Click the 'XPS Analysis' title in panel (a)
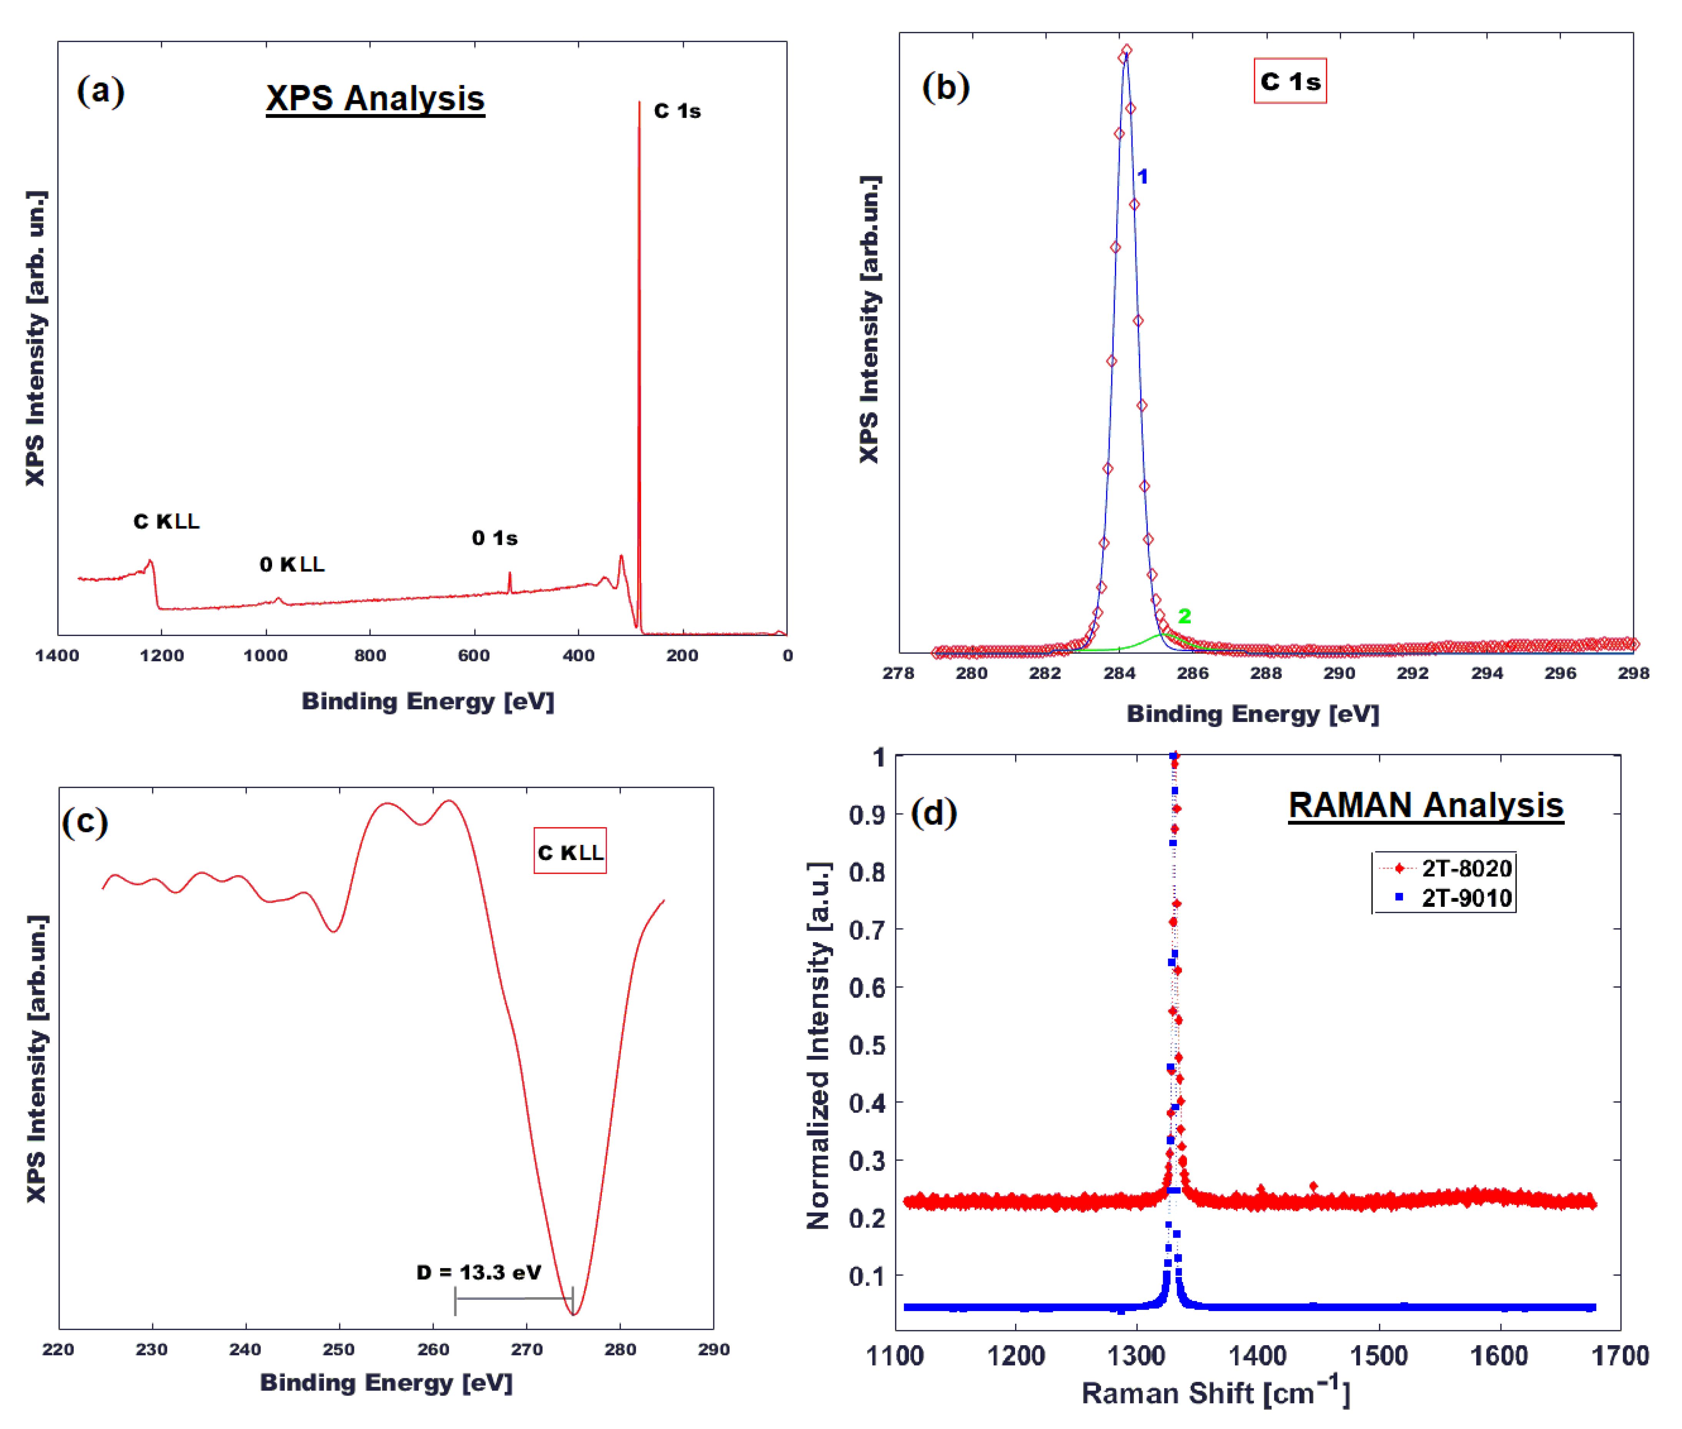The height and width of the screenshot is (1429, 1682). pos(375,99)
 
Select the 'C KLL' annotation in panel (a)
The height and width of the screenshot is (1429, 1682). pos(166,522)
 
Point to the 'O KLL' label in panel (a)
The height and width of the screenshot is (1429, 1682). pos(292,564)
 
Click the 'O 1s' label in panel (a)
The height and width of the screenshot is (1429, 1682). pos(494,538)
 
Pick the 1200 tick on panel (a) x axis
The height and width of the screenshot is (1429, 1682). pos(161,656)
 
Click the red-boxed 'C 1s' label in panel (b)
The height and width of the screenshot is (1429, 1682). pos(1290,81)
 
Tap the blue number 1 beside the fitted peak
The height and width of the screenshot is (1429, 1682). pos(1142,177)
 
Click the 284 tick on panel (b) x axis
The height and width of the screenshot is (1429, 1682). pos(1119,673)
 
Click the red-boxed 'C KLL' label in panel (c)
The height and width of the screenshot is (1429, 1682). pos(570,852)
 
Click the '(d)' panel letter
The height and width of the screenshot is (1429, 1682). pos(933,813)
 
